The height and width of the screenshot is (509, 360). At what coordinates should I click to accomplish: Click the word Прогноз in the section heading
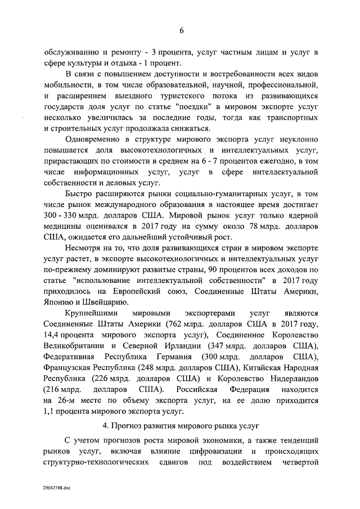(x=152, y=423)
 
